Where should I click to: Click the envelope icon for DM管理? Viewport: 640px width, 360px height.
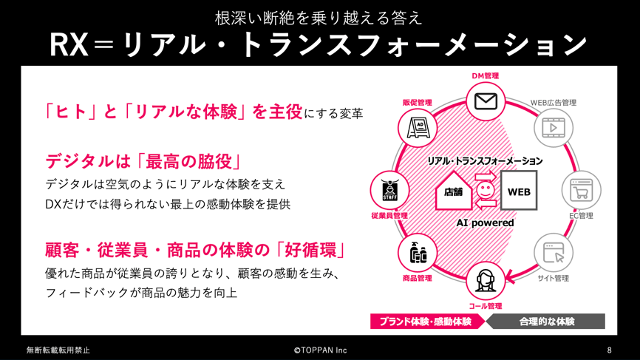(486, 101)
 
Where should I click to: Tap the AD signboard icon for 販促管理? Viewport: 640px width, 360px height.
(418, 128)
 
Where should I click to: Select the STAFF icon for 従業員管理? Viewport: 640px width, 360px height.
(389, 190)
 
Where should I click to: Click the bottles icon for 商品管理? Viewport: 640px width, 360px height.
(418, 252)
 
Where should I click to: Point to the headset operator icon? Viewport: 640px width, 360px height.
(485, 280)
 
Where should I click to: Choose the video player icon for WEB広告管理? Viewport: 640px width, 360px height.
(553, 128)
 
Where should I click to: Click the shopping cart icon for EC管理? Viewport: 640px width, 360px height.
(581, 190)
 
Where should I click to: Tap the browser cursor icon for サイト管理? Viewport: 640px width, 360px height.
(553, 252)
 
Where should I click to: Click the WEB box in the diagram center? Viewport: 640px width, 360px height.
(519, 191)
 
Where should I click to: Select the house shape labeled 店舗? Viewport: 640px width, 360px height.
(454, 191)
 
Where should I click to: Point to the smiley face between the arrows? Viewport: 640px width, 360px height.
(486, 190)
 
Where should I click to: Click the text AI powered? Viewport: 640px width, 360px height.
(485, 223)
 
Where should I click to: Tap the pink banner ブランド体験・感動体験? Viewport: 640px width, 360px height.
(427, 322)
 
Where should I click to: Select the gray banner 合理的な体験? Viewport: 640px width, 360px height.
(545, 322)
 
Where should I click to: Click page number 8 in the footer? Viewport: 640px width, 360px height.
(610, 350)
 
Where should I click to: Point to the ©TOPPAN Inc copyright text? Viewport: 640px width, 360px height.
(321, 350)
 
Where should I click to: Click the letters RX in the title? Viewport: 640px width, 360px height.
(69, 45)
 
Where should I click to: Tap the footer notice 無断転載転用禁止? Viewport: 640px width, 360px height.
(58, 350)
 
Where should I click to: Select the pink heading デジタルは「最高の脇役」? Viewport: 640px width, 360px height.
(143, 162)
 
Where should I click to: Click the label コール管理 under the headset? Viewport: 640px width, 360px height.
(485, 306)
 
